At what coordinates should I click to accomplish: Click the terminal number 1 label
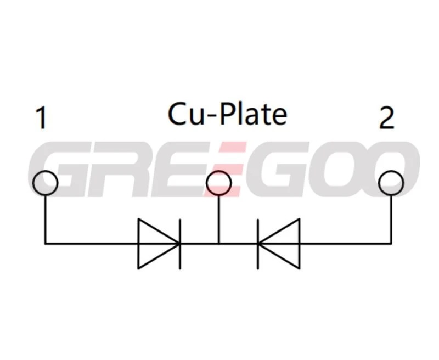click(41, 118)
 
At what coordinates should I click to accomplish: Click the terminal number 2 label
click(387, 118)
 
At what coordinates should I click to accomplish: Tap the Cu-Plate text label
click(227, 114)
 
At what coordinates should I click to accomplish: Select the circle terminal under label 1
click(44, 183)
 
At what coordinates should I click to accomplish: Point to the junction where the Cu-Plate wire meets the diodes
click(219, 243)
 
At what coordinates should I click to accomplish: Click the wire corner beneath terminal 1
click(45, 243)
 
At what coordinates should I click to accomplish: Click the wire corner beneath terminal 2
click(391, 243)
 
